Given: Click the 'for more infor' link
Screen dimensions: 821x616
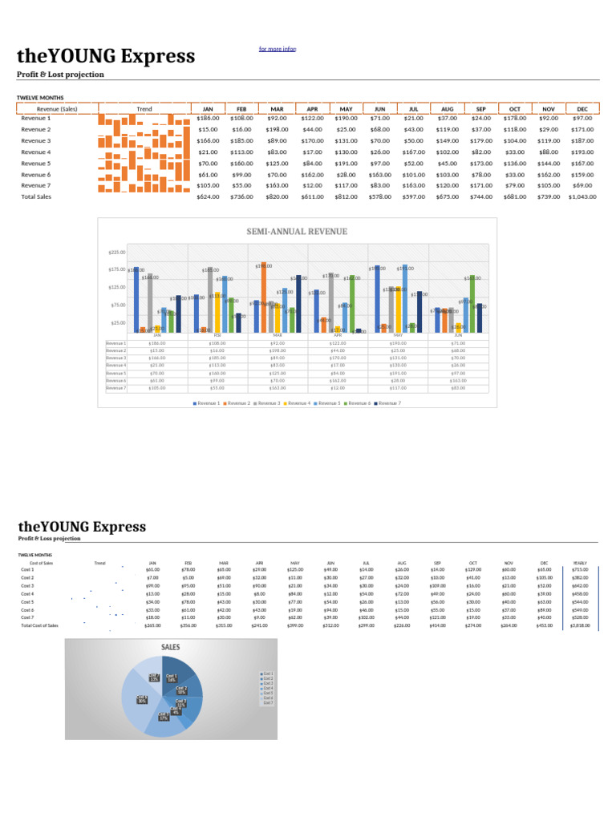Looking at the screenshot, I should pyautogui.click(x=278, y=49).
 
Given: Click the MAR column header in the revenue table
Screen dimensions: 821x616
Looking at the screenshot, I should pyautogui.click(x=278, y=109).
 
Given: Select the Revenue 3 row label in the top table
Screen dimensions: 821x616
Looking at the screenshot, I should pyautogui.click(x=35, y=140).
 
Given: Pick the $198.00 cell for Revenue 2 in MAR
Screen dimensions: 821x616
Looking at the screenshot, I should pyautogui.click(x=278, y=129).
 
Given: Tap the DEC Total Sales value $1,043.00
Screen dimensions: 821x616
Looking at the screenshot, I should pyautogui.click(x=582, y=196).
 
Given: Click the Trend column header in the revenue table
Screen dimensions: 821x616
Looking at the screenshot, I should pyautogui.click(x=144, y=109).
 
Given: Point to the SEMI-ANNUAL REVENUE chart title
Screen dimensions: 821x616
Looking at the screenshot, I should pyautogui.click(x=297, y=232).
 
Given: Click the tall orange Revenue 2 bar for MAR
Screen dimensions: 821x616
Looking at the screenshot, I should pyautogui.click(x=262, y=298).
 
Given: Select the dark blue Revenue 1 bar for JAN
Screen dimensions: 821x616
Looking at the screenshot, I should pyautogui.click(x=136, y=300).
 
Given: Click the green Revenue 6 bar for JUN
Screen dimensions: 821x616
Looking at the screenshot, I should pyautogui.click(x=473, y=303).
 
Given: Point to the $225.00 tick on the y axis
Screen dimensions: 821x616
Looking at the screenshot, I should pyautogui.click(x=117, y=253).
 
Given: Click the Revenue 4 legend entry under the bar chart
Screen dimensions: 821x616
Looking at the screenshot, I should pyautogui.click(x=298, y=402).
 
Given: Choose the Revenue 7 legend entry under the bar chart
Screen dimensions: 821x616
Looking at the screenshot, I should pyautogui.click(x=388, y=402).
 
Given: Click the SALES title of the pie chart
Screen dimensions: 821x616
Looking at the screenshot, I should pyautogui.click(x=170, y=646).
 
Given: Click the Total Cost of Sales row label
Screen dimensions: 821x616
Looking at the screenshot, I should pyautogui.click(x=39, y=625).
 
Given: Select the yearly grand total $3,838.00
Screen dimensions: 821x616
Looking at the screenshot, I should pyautogui.click(x=580, y=625).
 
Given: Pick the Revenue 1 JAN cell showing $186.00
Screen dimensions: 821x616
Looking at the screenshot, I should pyautogui.click(x=208, y=118).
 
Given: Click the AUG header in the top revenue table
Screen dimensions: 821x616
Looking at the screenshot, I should pyautogui.click(x=447, y=109).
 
